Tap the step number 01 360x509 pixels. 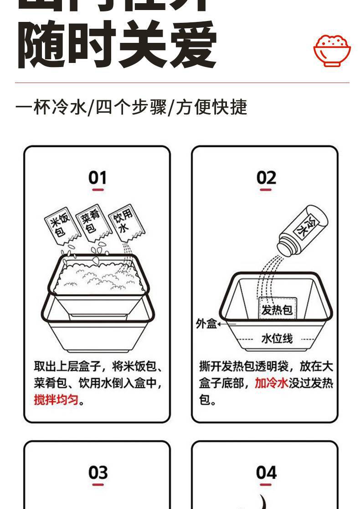click(x=98, y=177)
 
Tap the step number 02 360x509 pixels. click(x=266, y=177)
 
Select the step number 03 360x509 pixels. click(x=98, y=472)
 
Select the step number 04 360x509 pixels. click(x=266, y=472)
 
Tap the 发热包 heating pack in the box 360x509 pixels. click(x=278, y=310)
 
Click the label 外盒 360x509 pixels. click(x=206, y=324)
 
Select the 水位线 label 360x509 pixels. click(x=277, y=338)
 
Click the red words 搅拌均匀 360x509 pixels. click(x=57, y=400)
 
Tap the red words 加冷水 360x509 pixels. click(x=271, y=383)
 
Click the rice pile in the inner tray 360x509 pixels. click(x=98, y=278)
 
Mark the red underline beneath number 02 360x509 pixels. click(x=266, y=189)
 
